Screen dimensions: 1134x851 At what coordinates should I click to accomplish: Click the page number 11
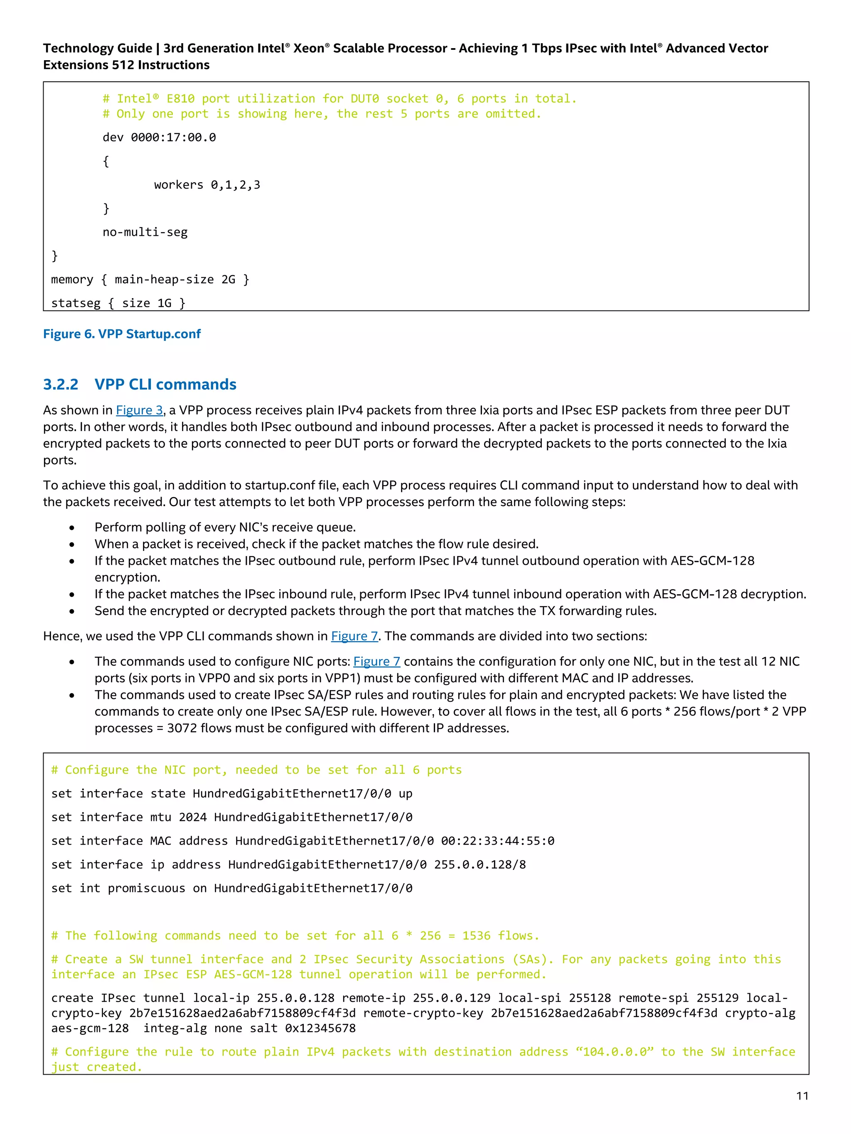(802, 1095)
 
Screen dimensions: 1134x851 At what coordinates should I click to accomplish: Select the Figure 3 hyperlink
(139, 410)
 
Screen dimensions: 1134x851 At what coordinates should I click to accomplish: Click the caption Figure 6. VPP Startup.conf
(122, 334)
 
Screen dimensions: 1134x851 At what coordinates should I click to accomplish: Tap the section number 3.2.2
(61, 385)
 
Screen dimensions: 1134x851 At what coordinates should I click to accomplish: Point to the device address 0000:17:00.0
(173, 137)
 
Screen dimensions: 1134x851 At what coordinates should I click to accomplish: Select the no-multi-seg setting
(145, 232)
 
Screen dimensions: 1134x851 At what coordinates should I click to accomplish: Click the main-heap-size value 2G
(228, 279)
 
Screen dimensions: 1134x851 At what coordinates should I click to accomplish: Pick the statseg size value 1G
(164, 303)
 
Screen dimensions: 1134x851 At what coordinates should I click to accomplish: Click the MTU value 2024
(192, 817)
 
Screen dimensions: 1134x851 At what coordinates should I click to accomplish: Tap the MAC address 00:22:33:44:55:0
(497, 841)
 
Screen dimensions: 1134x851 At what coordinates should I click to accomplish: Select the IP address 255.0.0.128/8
(480, 865)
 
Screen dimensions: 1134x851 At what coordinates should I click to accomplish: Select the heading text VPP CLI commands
(165, 385)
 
